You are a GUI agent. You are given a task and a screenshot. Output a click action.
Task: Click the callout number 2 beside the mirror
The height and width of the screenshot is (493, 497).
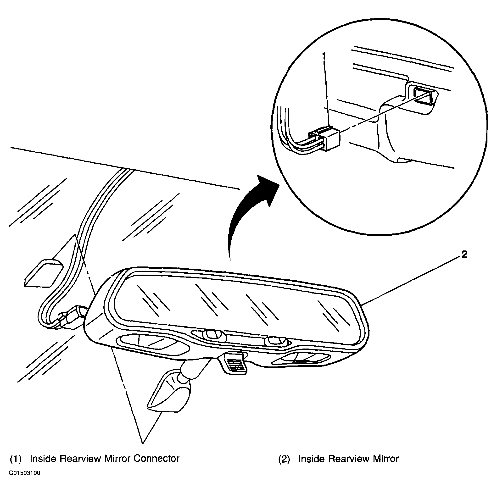coord(464,255)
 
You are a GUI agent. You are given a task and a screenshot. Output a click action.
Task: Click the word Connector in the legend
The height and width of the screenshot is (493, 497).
coord(156,459)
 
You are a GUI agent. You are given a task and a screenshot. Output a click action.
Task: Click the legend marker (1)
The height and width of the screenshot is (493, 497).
coord(16,459)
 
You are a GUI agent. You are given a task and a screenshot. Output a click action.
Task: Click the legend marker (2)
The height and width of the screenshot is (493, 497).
coord(284,459)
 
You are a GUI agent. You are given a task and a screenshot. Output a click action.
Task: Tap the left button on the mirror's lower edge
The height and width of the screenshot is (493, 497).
coord(211,334)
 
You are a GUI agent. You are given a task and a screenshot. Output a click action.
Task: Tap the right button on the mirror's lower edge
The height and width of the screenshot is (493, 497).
coord(275,341)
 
